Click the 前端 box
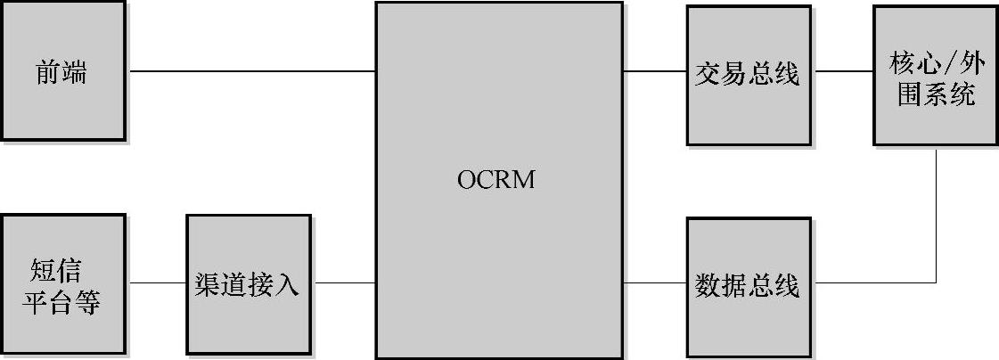pyautogui.click(x=62, y=71)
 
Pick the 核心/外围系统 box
pyautogui.click(x=934, y=75)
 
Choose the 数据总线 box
pyautogui.click(x=749, y=285)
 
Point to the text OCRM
pyautogui.click(x=497, y=179)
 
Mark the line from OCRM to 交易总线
pyautogui.click(x=654, y=71)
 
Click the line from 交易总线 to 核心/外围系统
pyautogui.click(x=842, y=71)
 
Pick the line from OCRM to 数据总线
pyautogui.click(x=654, y=284)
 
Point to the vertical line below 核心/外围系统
pyautogui.click(x=936, y=214)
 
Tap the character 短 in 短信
pyautogui.click(x=45, y=270)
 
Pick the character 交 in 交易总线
pyautogui.click(x=708, y=74)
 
